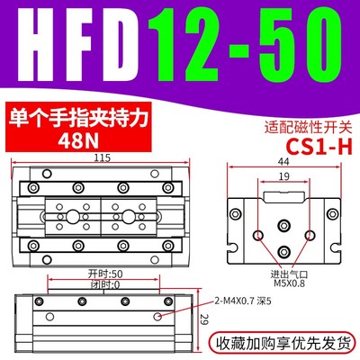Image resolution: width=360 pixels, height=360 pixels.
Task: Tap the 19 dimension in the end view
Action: point(284,179)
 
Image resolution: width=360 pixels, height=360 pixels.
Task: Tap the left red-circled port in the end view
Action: point(258,234)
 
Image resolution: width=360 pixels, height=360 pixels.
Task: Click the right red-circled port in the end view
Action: point(309,234)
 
